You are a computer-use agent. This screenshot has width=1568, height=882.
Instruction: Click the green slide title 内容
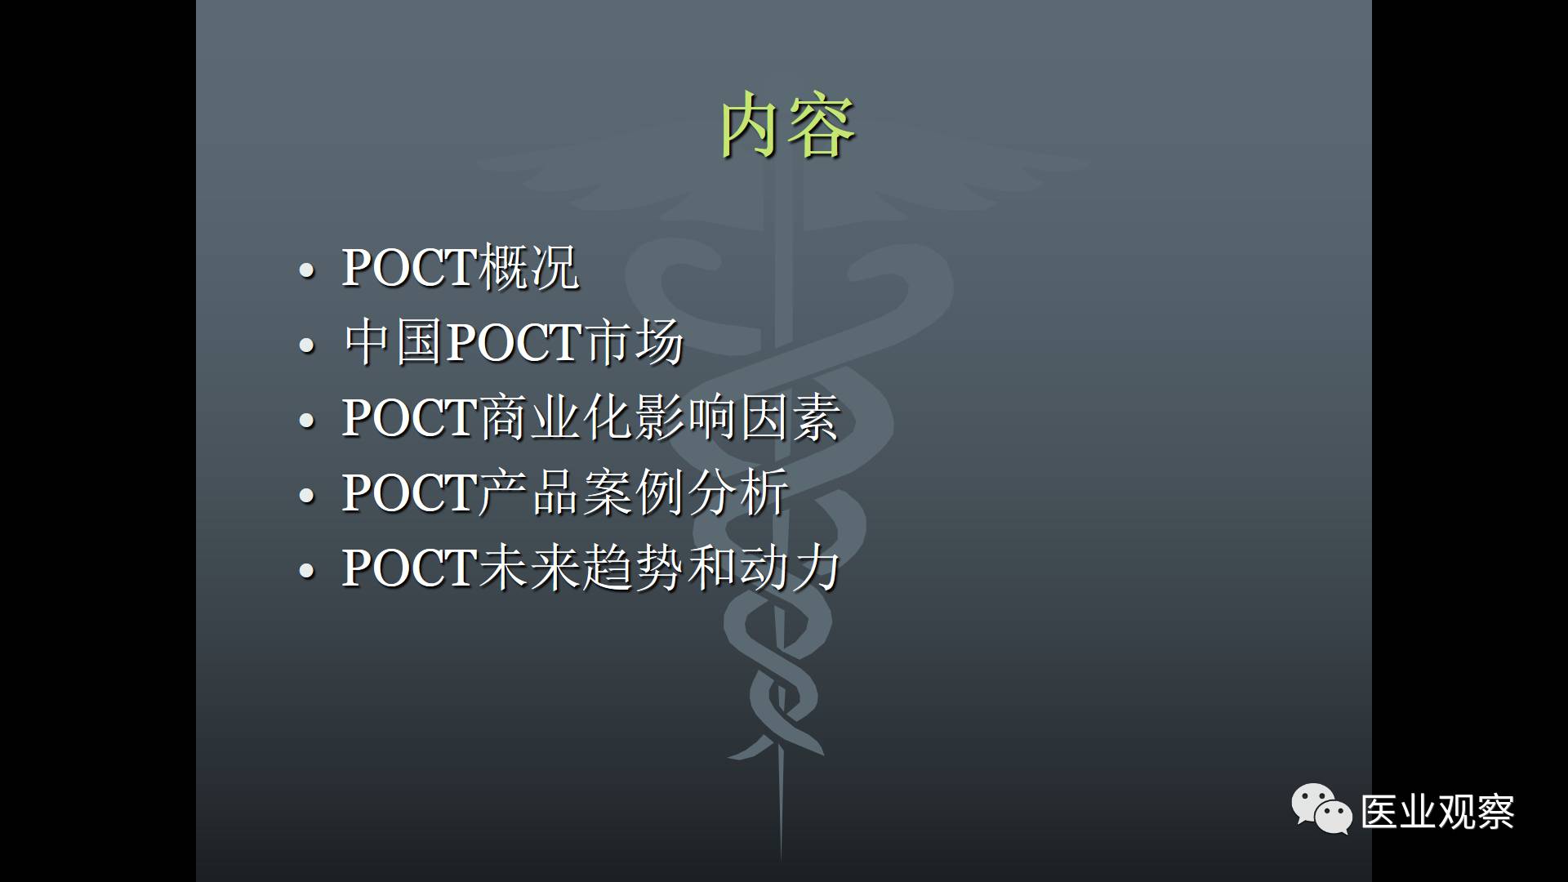[x=787, y=126]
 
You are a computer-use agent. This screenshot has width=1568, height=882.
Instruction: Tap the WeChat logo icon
[x=1321, y=808]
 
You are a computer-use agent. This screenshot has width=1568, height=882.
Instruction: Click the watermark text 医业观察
[x=1437, y=812]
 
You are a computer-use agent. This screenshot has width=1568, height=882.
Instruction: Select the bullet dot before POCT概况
[x=307, y=270]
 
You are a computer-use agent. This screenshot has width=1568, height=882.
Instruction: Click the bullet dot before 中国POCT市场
[x=307, y=345]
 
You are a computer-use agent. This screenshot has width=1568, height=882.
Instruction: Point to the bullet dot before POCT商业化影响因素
[x=307, y=421]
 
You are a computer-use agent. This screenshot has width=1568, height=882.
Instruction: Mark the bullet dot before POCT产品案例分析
[x=307, y=496]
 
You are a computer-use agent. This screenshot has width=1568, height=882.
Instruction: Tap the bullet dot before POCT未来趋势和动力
[x=307, y=571]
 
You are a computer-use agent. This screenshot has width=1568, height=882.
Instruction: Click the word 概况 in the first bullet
[x=529, y=267]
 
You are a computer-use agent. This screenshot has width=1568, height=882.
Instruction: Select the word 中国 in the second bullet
[x=394, y=342]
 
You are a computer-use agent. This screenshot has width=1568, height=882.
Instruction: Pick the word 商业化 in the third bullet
[x=556, y=417]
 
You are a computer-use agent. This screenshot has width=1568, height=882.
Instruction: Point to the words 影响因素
[x=737, y=417]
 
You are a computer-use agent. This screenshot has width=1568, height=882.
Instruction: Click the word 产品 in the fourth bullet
[x=529, y=492]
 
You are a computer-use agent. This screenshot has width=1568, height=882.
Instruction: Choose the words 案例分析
[x=685, y=492]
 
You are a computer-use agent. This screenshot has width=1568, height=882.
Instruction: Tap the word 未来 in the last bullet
[x=529, y=568]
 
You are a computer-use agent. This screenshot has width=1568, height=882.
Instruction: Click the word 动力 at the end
[x=790, y=568]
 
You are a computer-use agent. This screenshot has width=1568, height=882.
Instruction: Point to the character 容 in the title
[x=822, y=126]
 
